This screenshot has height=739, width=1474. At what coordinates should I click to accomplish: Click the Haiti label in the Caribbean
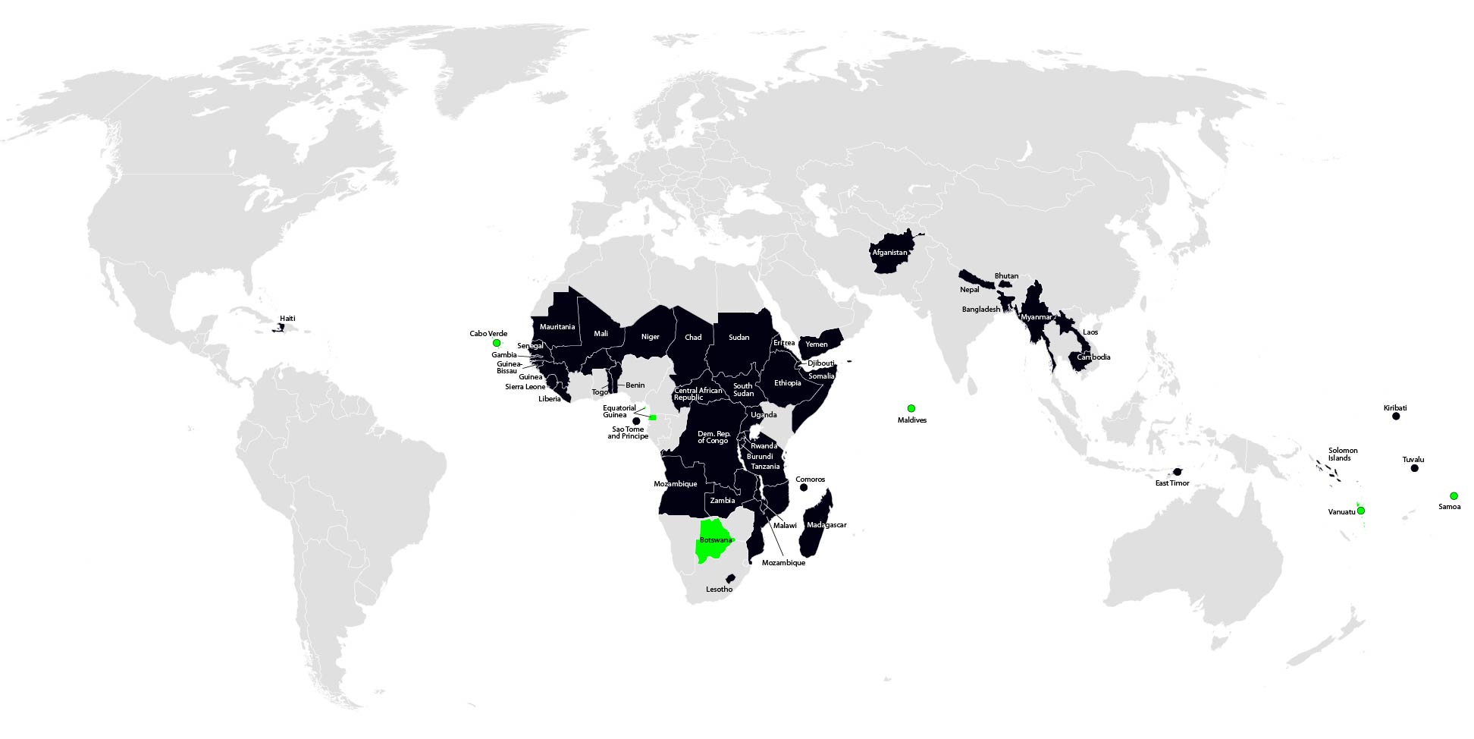[287, 319]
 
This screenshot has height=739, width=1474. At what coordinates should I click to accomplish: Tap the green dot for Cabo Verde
[497, 343]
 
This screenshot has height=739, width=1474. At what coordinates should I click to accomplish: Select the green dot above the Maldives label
[911, 409]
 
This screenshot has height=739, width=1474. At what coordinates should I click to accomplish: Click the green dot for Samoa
[1454, 496]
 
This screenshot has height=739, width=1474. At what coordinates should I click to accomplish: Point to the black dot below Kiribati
[1396, 417]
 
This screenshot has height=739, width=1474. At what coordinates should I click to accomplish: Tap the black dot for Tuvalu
[1414, 469]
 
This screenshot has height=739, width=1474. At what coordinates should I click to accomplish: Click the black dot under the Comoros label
[804, 488]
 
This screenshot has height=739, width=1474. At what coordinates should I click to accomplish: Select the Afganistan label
[889, 253]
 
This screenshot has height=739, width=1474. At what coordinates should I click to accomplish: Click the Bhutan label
[1006, 276]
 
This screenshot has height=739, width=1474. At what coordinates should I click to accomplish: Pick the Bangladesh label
[980, 310]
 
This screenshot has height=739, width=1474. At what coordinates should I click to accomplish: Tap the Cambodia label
[1093, 357]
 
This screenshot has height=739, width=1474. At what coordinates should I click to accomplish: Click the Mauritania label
[557, 327]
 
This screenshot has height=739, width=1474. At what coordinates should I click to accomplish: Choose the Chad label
[693, 338]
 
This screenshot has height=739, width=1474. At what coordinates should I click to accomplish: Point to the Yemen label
[817, 344]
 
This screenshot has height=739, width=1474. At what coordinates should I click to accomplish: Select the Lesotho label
[719, 590]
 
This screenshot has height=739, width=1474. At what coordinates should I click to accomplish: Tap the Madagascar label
[826, 525]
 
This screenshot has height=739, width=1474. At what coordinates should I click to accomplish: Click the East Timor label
[1172, 483]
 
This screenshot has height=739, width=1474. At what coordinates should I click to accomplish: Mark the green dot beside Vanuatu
[1361, 511]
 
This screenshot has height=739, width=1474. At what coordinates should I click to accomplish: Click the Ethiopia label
[787, 383]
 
